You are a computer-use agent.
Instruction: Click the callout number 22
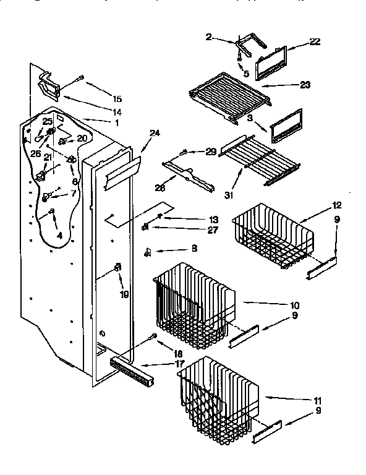315,41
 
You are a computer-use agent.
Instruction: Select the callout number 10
294,305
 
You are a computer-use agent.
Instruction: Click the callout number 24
154,132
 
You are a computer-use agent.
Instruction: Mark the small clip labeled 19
117,268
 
